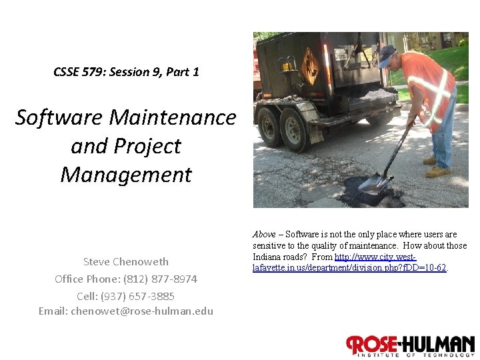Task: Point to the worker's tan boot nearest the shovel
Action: click(431, 161)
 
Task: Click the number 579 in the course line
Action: click(95, 72)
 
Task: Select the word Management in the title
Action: click(125, 175)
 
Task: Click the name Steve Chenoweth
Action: click(125, 261)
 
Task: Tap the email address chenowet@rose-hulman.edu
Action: click(142, 311)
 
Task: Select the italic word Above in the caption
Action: click(264, 235)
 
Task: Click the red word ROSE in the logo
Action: click(372, 345)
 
